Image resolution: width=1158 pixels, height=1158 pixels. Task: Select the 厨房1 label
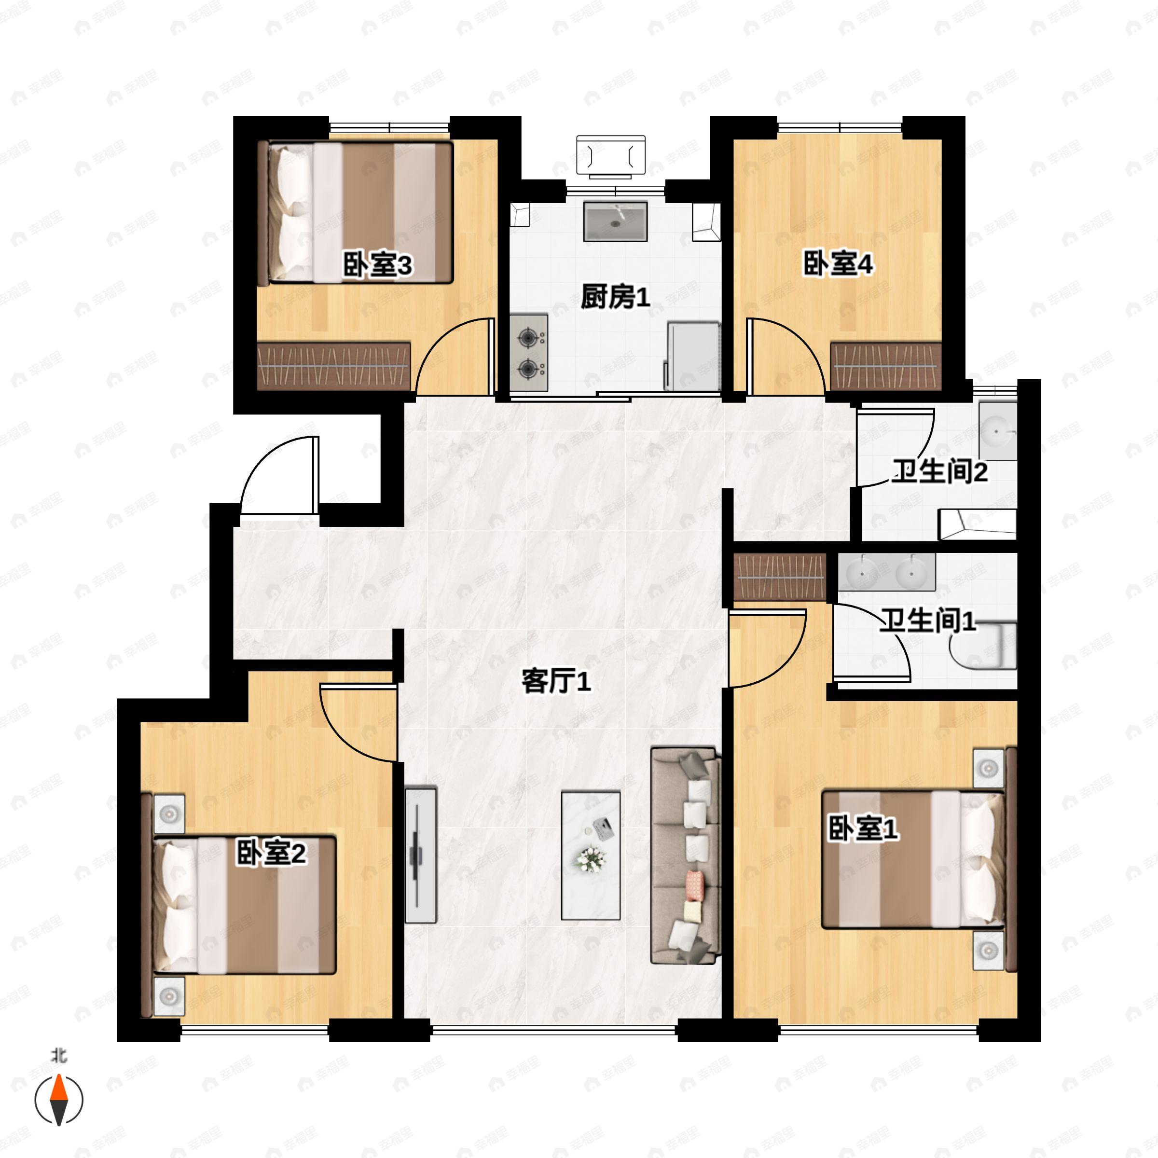[615, 296]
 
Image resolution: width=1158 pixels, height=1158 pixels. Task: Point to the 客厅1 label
[556, 681]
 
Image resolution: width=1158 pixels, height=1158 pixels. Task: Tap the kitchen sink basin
[616, 221]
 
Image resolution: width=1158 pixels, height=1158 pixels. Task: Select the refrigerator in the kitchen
[692, 356]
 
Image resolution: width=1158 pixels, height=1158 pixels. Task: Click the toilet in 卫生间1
[983, 646]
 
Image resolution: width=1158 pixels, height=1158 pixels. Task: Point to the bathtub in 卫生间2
[977, 524]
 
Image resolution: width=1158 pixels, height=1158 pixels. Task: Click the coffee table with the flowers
[591, 855]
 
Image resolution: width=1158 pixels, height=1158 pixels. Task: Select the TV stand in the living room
[420, 855]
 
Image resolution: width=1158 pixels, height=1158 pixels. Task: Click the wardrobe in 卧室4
[885, 366]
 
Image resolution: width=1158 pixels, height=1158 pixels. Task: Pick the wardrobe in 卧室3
[334, 366]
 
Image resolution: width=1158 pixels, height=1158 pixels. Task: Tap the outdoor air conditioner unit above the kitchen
[611, 156]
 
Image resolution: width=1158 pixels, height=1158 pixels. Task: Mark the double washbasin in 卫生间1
[886, 572]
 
